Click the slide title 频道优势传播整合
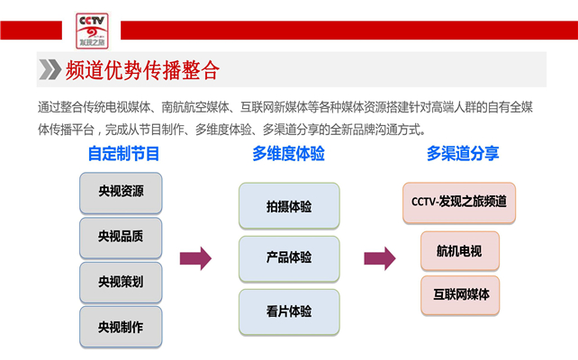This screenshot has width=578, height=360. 142,70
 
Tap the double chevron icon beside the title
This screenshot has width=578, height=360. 50,70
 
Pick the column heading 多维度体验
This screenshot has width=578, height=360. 288,154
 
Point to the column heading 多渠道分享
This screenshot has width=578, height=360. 463,154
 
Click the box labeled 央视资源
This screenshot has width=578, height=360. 121,193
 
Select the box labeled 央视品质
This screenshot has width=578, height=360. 121,238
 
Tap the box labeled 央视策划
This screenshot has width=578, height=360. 121,282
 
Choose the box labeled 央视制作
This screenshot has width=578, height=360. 121,327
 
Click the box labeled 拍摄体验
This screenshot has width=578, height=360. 289,206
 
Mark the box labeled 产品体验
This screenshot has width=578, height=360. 289,258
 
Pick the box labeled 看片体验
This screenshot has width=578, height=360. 289,311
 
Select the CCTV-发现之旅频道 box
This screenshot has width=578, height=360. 459,202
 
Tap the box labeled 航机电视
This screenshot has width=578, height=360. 460,248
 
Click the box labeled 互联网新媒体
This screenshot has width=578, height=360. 460,294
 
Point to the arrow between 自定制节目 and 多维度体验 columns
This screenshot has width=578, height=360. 195,259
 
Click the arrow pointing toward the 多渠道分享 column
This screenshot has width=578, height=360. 379,259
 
